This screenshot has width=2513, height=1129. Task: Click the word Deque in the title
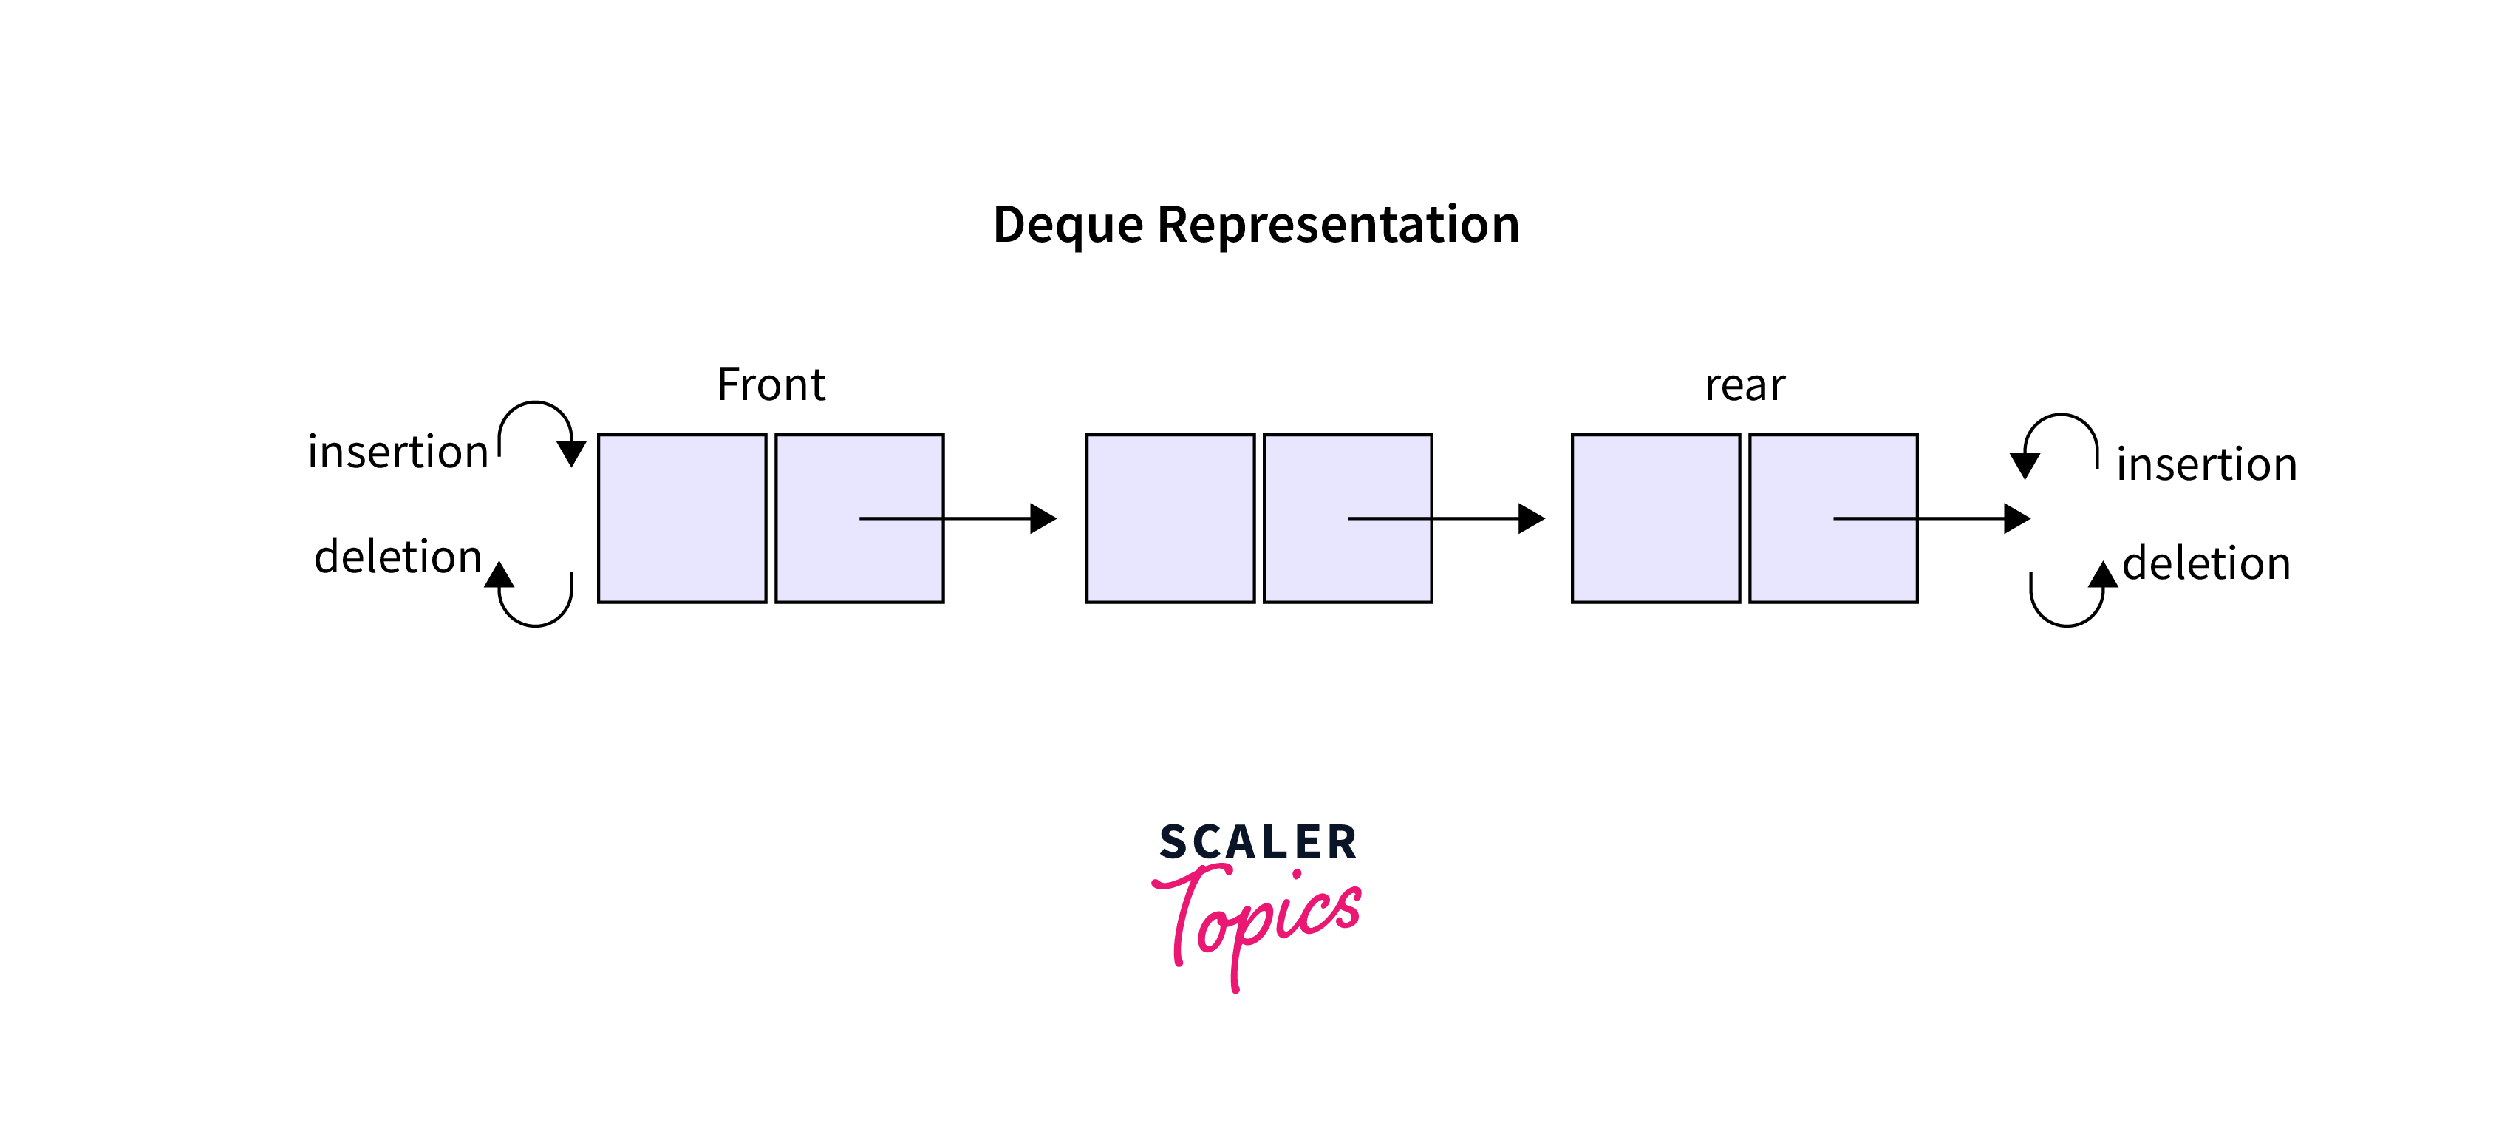click(1067, 226)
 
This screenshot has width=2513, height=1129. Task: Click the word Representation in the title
click(1337, 226)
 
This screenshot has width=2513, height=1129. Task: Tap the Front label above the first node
click(771, 384)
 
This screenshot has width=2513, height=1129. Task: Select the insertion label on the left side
click(397, 452)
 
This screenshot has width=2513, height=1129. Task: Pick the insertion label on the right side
click(2206, 464)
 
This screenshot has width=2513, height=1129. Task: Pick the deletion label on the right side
click(2206, 564)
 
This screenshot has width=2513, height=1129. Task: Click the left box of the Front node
click(682, 518)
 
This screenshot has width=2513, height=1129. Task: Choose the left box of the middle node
click(1170, 518)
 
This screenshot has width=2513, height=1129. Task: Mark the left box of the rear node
click(1655, 518)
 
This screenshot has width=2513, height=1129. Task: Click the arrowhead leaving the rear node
click(2016, 518)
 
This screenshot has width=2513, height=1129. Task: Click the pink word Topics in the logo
click(1258, 918)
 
